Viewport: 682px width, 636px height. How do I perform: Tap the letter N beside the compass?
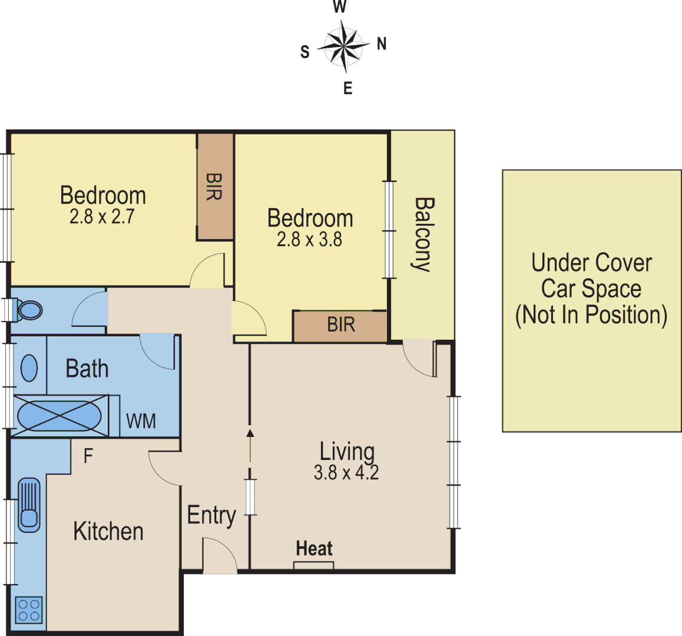382,44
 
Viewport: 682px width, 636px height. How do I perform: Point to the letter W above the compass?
340,7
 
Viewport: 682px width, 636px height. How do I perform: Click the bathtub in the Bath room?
59,416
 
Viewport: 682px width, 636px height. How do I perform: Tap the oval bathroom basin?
29,369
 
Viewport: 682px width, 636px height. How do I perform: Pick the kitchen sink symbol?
29,505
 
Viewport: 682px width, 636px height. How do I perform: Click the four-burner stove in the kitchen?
28,609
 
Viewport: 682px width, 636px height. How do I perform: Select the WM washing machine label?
141,421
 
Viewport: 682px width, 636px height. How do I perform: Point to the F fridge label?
88,456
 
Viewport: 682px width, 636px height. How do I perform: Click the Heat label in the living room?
314,549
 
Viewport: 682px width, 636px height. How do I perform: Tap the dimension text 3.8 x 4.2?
346,472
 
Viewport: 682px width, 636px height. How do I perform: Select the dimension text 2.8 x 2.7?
102,217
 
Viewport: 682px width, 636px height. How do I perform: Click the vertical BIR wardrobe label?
214,186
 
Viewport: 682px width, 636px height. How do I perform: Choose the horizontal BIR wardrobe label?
341,324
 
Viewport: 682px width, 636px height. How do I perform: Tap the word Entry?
211,516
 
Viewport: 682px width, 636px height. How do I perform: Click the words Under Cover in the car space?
591,263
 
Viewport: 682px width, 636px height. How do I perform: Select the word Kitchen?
108,531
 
